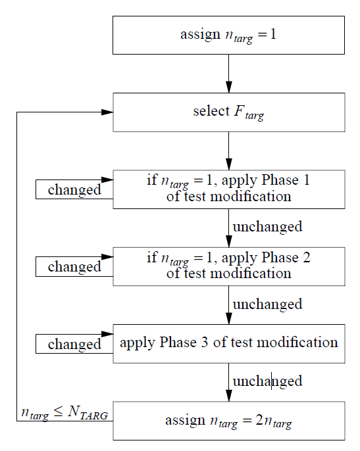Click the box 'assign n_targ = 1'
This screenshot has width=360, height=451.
point(228,35)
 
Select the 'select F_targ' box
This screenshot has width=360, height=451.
point(228,112)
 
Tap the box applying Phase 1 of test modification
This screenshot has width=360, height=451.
point(228,189)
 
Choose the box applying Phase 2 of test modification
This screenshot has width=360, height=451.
point(228,266)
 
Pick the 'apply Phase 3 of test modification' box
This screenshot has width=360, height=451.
point(228,343)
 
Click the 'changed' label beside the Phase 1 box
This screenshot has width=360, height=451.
point(74,190)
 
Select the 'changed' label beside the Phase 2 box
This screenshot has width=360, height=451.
point(74,267)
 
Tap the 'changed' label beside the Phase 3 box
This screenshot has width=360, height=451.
point(74,344)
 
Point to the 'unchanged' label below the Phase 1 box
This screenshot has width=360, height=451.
point(267,227)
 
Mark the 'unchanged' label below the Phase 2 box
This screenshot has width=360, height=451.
point(267,304)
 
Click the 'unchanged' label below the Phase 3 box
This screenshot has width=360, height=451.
point(267,381)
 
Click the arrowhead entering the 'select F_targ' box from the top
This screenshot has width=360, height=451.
point(228,87)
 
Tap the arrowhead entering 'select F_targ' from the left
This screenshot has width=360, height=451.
point(107,112)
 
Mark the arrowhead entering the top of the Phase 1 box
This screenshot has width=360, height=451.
point(228,164)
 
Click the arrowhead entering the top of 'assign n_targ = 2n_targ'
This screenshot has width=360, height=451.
point(228,395)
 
